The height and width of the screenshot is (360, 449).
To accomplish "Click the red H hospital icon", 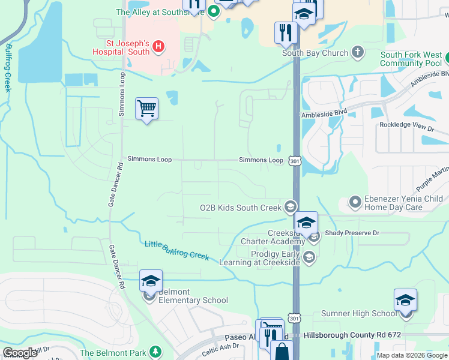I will point(158,46).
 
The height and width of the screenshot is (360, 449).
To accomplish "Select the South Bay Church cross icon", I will point(358,52).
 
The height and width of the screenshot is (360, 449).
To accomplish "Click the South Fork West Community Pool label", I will point(411,59).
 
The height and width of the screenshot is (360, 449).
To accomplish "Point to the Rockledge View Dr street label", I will point(406,127).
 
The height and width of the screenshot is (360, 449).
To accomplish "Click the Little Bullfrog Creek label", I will point(176,250).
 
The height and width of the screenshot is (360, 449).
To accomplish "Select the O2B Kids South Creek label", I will point(241,208).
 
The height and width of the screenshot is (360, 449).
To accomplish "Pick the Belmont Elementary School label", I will point(193,300).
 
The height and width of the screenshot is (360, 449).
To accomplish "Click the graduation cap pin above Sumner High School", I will point(405,301).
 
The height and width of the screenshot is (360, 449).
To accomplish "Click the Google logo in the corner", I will point(20,353).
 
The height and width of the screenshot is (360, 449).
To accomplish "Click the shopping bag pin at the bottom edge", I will point(281,350).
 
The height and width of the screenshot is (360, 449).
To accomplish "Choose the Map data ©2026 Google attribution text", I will point(411,355).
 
